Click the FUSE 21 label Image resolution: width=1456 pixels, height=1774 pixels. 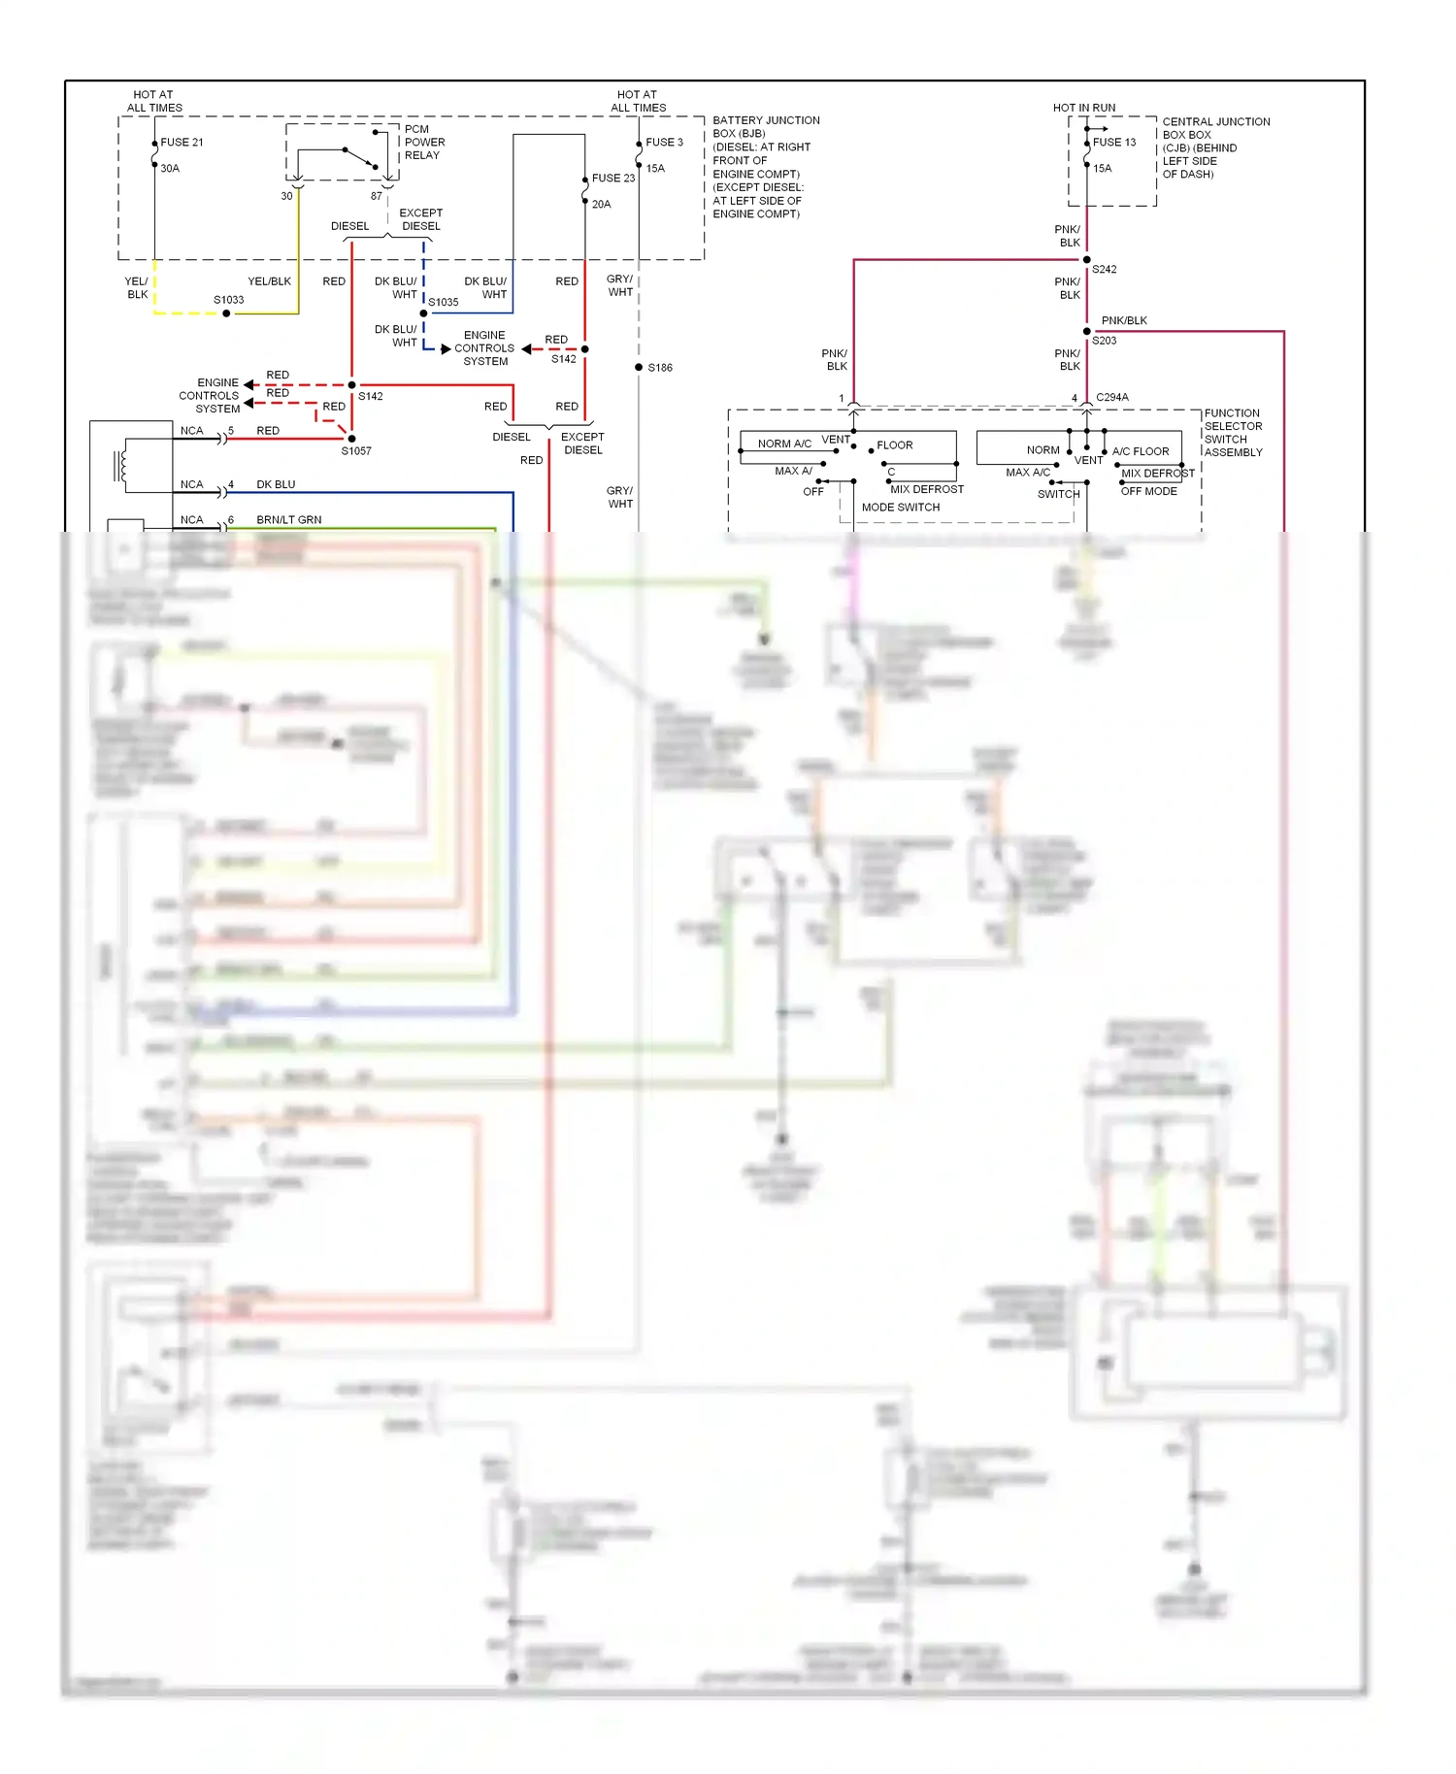(182, 142)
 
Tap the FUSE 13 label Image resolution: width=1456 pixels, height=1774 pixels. (1113, 142)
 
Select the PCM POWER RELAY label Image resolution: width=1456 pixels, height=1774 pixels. (424, 142)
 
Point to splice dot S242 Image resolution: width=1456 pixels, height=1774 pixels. (1086, 260)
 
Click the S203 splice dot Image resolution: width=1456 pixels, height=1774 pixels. (1086, 332)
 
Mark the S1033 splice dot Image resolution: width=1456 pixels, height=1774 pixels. (226, 313)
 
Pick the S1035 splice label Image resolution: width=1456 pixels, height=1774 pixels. (443, 302)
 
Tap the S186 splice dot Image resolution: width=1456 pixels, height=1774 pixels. (639, 368)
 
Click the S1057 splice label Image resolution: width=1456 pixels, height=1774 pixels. (355, 451)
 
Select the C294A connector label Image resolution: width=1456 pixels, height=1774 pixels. (1111, 397)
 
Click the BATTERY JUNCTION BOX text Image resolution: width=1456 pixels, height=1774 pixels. (765, 127)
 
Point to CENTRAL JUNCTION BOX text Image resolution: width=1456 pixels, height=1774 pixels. (1215, 128)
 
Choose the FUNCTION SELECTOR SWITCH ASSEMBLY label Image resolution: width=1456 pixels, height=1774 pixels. (1233, 433)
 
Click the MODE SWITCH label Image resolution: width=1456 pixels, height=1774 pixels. (900, 508)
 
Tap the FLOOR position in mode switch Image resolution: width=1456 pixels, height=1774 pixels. (894, 445)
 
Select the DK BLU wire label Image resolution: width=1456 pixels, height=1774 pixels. (276, 484)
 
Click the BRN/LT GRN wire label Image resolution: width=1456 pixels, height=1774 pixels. (288, 520)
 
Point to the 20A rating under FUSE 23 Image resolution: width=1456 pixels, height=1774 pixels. (601, 205)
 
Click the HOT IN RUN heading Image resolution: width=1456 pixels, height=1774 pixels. (1083, 108)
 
